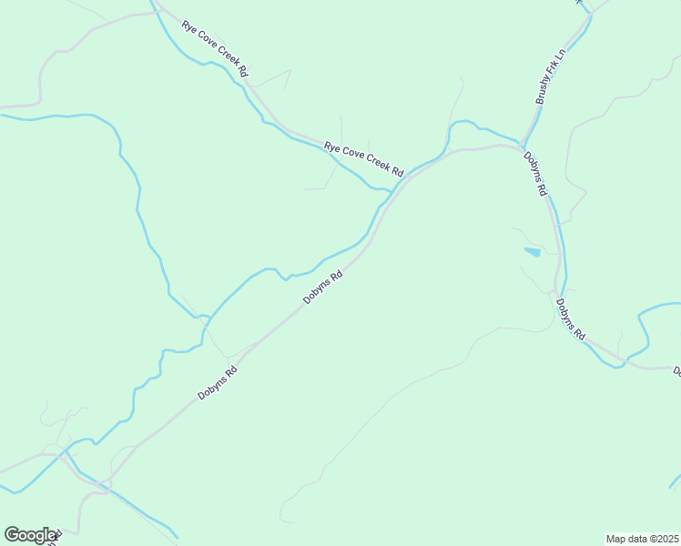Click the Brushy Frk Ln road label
(x=551, y=76)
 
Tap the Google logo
(x=30, y=535)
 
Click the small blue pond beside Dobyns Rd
(x=533, y=251)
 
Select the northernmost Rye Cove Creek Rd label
(x=216, y=49)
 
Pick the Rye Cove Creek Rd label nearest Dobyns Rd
(x=364, y=158)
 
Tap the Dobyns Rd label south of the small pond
(x=570, y=319)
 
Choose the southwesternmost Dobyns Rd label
(x=218, y=383)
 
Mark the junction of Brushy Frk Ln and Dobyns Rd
(x=523, y=146)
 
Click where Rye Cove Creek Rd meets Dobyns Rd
(x=406, y=177)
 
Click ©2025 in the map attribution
(x=664, y=539)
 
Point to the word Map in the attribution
(x=616, y=539)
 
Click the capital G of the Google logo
(x=12, y=535)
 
